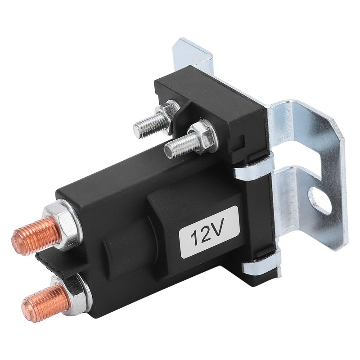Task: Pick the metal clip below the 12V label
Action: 261,265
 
